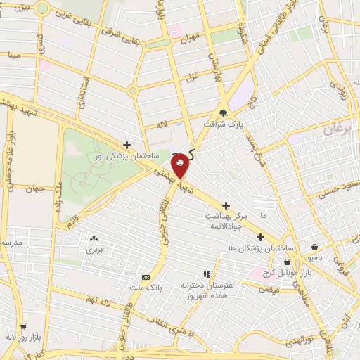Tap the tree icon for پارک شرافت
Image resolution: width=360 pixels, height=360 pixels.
224,112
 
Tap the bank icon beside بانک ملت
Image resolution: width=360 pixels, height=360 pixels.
146,277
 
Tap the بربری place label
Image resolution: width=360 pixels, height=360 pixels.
94,249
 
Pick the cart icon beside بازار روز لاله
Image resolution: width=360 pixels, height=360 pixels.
23,327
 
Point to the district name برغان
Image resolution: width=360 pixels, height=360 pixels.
338,131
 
